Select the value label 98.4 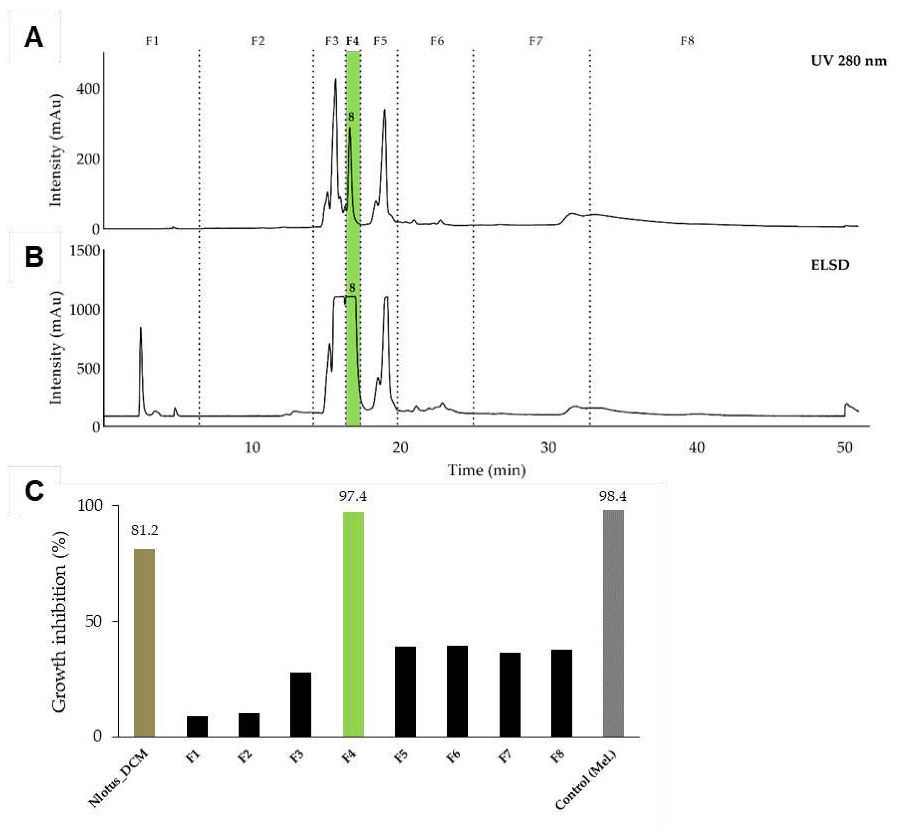click(x=613, y=497)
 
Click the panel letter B click(x=34, y=257)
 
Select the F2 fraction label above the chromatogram click(x=258, y=41)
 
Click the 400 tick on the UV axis click(x=88, y=89)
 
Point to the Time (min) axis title click(x=486, y=471)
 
